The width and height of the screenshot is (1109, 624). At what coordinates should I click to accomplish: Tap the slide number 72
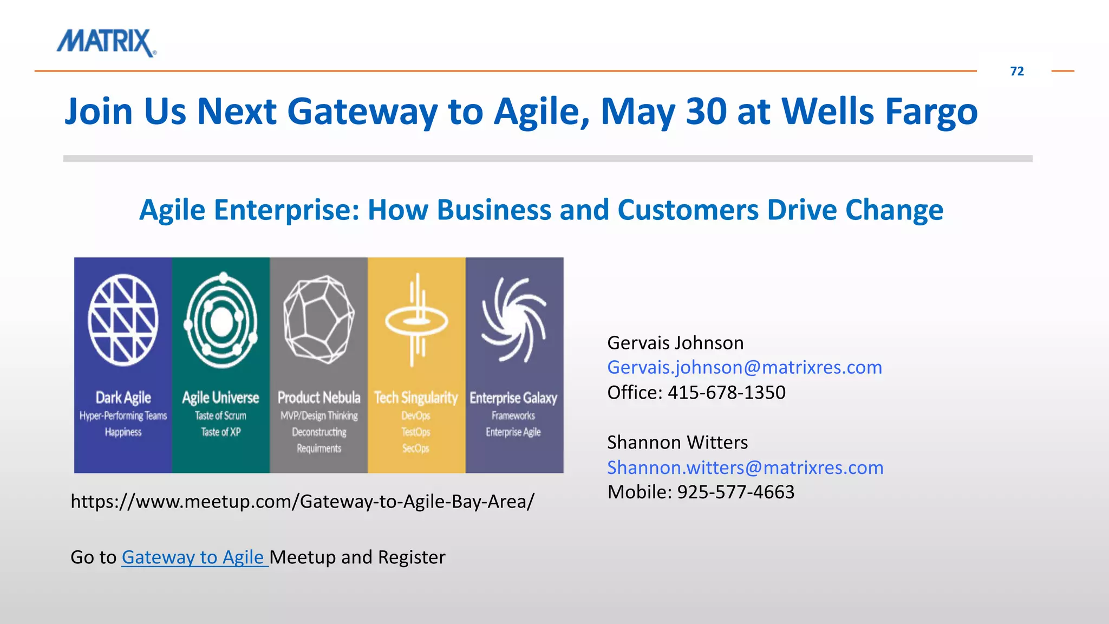click(1016, 71)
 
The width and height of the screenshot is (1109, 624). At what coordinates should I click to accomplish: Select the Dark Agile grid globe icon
click(123, 320)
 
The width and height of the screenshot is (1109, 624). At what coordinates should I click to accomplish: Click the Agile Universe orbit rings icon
click(221, 321)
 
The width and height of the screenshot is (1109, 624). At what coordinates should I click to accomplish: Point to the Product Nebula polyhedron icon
click(319, 320)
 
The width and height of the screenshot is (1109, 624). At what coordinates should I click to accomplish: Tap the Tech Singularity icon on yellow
click(416, 321)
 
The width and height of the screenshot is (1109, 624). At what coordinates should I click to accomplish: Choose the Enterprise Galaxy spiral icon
click(514, 320)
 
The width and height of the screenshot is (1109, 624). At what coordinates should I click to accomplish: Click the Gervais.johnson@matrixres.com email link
click(745, 367)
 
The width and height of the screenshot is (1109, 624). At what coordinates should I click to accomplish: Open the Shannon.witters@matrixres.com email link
click(745, 467)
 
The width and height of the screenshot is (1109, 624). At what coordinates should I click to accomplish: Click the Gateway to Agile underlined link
click(194, 557)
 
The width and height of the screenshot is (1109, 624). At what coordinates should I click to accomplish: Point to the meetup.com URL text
click(302, 502)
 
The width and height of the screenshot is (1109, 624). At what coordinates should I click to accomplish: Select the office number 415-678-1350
click(726, 392)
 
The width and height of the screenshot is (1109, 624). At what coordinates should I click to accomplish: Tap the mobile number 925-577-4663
click(735, 492)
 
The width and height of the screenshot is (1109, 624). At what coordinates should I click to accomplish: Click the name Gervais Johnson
click(675, 343)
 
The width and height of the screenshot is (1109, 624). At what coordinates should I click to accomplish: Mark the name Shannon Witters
click(677, 443)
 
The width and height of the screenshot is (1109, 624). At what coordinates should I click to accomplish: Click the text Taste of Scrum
click(220, 416)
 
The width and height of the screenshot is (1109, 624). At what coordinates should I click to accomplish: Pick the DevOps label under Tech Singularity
click(416, 416)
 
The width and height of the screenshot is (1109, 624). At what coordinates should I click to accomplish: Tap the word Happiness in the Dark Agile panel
click(123, 432)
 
